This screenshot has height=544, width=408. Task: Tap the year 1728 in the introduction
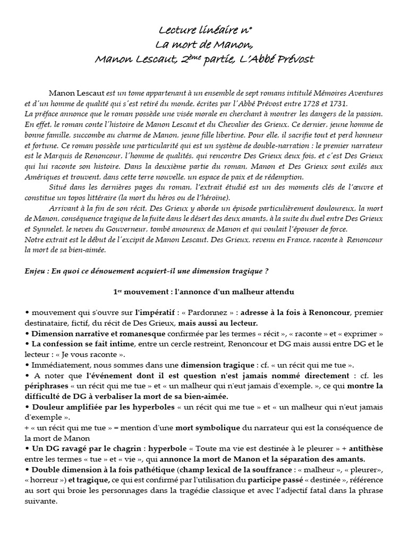307,104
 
